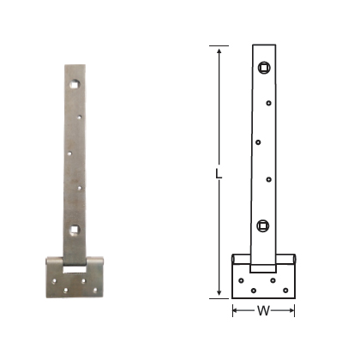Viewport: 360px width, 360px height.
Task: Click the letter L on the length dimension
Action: [220, 172]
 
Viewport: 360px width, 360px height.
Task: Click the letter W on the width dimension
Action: [264, 311]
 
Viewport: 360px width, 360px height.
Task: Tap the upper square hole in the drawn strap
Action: [264, 67]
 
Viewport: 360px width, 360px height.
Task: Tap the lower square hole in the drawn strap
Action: [263, 226]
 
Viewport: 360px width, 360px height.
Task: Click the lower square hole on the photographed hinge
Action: [75, 229]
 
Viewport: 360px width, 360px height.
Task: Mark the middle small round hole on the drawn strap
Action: [259, 140]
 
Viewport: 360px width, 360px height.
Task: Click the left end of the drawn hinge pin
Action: [234, 258]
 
